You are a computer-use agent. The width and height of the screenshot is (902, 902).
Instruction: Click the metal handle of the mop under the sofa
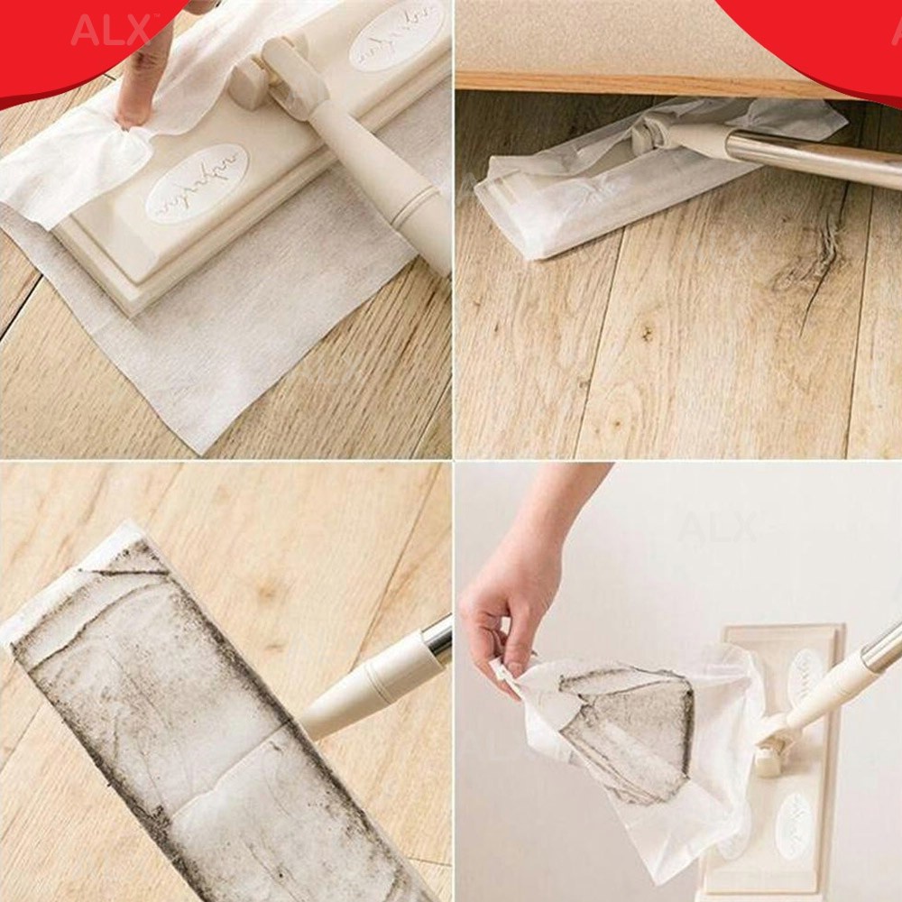812,158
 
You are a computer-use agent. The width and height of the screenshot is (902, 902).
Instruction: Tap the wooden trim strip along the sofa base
631,83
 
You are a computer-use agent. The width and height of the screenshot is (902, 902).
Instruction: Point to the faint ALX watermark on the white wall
717,528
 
